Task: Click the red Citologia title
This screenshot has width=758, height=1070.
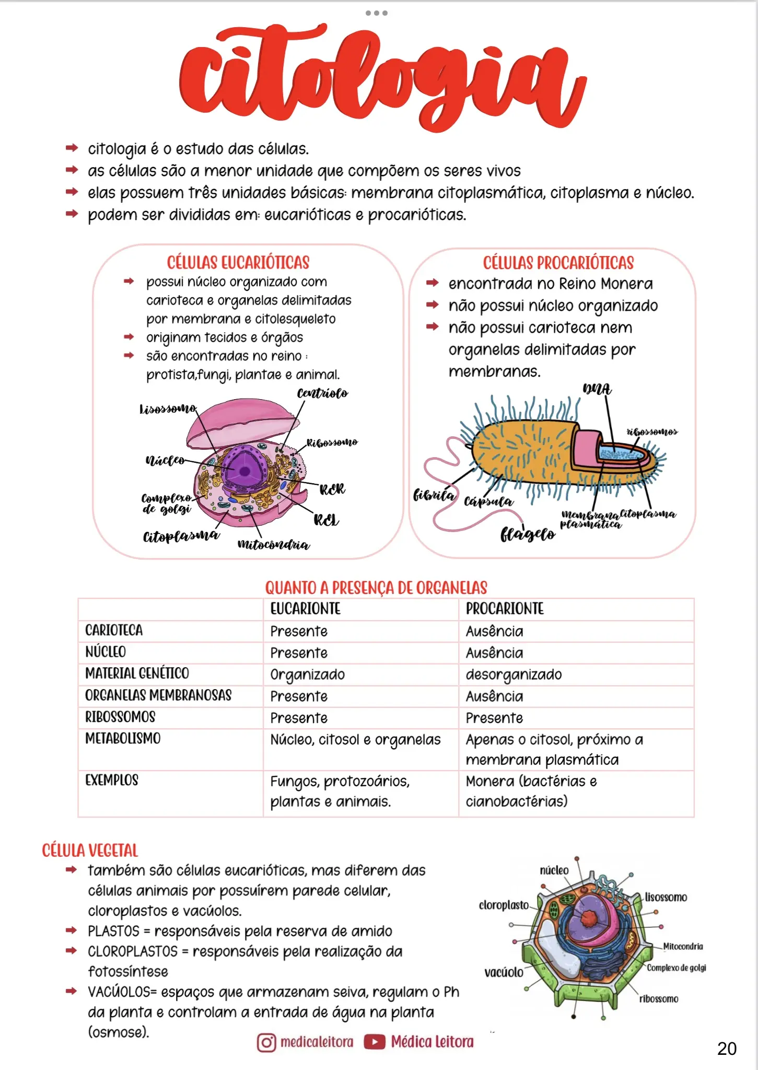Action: [x=381, y=78]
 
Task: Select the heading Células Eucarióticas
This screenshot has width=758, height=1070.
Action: [x=238, y=262]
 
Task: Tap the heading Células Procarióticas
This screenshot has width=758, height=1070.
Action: [x=558, y=263]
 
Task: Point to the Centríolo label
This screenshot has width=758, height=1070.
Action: [x=322, y=393]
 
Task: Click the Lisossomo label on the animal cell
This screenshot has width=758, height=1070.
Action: [x=168, y=409]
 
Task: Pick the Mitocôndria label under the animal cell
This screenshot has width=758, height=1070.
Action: [x=273, y=545]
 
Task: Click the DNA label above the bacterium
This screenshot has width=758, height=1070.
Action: [x=597, y=389]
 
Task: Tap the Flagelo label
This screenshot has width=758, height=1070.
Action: [x=528, y=534]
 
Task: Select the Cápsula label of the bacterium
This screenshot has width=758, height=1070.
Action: [x=488, y=502]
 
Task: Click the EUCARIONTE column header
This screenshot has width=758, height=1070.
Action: [x=306, y=609]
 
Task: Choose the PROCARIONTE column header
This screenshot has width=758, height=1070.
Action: [x=505, y=609]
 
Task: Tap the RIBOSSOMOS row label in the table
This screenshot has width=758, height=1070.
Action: [x=121, y=717]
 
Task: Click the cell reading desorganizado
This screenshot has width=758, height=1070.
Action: [x=514, y=674]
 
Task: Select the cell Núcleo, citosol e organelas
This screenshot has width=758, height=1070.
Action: [x=355, y=740]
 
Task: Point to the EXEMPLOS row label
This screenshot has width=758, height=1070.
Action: [x=112, y=781]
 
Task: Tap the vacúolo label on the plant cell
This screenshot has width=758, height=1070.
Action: [x=504, y=972]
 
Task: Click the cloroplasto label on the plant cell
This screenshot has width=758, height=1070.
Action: [x=504, y=905]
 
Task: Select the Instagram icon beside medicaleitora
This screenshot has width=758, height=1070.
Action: [x=266, y=1042]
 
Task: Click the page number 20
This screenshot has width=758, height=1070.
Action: [x=727, y=1049]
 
